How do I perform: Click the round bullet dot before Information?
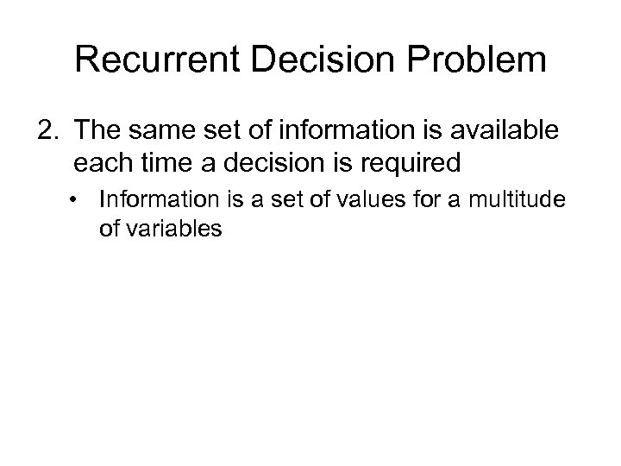(x=79, y=201)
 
